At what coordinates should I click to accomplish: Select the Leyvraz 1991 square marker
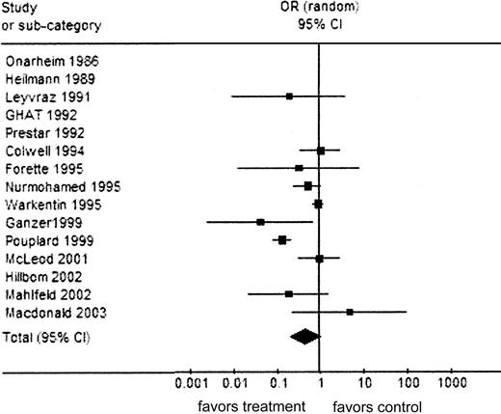point(289,97)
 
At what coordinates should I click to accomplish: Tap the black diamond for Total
point(304,336)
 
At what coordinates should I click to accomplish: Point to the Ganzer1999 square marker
point(261,222)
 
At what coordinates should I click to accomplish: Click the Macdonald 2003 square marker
point(350,312)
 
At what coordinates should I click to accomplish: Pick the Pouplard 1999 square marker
point(283,239)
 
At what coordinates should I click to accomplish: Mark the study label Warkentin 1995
point(44,204)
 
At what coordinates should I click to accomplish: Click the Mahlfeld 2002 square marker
point(289,293)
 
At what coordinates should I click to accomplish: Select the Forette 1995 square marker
point(299,168)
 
